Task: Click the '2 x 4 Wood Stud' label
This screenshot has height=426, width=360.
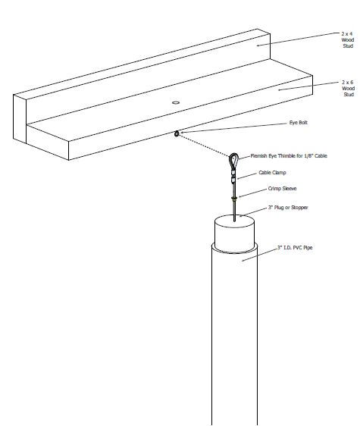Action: click(348, 39)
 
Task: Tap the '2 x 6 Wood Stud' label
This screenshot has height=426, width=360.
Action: click(348, 88)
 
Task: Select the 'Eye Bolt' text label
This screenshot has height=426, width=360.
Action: click(299, 123)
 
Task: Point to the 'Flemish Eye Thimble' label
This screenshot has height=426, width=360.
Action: click(289, 156)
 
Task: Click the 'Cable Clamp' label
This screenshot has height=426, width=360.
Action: click(272, 173)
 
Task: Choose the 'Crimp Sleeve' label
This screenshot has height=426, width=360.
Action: click(282, 189)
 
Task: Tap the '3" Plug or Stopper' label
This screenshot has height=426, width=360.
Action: click(288, 208)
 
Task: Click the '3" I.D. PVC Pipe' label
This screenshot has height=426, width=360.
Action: click(295, 248)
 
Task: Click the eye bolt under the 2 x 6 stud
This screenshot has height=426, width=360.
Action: click(177, 133)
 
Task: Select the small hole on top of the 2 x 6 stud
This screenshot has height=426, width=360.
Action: click(176, 102)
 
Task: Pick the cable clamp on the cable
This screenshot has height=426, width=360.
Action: click(233, 177)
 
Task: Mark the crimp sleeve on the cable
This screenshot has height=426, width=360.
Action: click(234, 199)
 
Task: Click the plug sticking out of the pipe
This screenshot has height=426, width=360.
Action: click(234, 233)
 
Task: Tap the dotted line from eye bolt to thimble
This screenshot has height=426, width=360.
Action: click(204, 146)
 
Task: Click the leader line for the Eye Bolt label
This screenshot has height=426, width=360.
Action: click(234, 129)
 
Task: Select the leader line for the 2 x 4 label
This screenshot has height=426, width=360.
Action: click(298, 39)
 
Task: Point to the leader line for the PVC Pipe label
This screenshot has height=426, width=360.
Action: click(259, 255)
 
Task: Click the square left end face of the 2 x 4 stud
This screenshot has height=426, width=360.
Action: click(20, 119)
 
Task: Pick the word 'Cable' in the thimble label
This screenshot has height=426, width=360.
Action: click(321, 156)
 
